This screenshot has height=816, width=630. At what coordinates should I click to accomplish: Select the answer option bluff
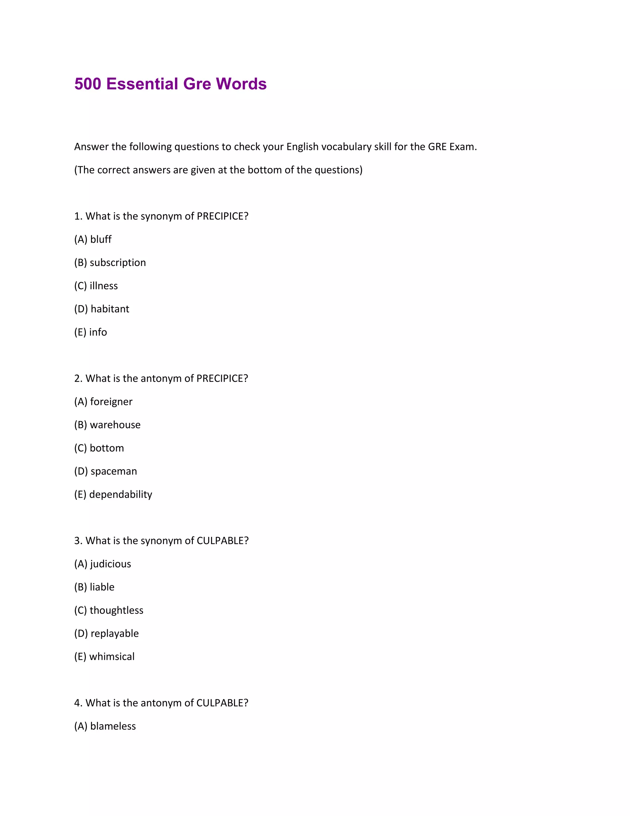click(x=101, y=239)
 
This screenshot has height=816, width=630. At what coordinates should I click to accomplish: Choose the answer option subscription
click(x=118, y=262)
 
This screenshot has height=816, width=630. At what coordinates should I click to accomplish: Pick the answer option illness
click(x=103, y=286)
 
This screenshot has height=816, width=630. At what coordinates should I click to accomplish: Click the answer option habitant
click(x=110, y=309)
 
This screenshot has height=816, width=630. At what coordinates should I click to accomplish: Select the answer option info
click(x=98, y=332)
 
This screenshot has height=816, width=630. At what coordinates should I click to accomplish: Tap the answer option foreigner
click(x=111, y=402)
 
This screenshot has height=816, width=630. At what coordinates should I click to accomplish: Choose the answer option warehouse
click(x=115, y=425)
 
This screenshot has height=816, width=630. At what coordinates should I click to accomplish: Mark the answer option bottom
click(x=107, y=448)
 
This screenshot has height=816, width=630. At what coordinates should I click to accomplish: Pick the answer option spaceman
click(x=114, y=471)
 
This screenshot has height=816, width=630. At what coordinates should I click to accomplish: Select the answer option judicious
click(x=110, y=564)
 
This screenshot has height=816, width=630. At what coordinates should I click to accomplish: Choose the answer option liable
click(x=102, y=587)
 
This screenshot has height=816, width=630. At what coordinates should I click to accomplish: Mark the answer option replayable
click(x=114, y=633)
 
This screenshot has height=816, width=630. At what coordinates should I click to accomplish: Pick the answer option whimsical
click(x=112, y=656)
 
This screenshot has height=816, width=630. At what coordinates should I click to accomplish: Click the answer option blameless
click(x=113, y=726)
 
